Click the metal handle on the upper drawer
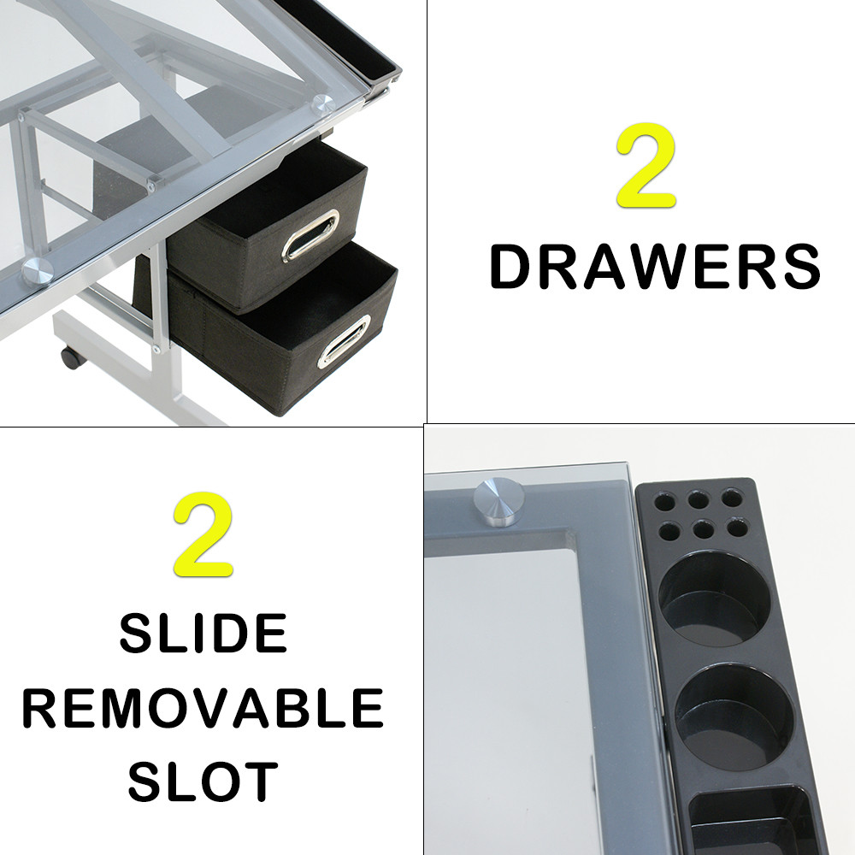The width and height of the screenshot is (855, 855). (x=310, y=234)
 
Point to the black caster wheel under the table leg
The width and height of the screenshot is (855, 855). (x=70, y=357)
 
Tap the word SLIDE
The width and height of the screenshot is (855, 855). (x=203, y=634)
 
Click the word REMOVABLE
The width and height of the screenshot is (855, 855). (x=203, y=707)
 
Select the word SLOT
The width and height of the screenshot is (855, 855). (x=203, y=780)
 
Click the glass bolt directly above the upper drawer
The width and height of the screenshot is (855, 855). (x=322, y=105)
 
